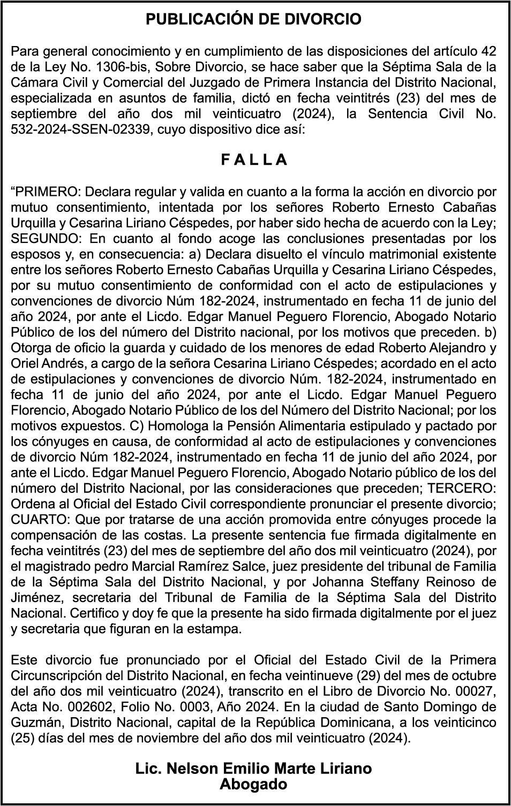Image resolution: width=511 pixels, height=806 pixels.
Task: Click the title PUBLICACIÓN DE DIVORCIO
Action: pyautogui.click(x=254, y=20)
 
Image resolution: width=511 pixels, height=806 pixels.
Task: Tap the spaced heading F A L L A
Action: pyautogui.click(x=254, y=160)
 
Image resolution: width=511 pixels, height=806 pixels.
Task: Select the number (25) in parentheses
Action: pyautogui.click(x=24, y=739)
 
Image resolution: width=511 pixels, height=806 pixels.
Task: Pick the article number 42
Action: pyautogui.click(x=487, y=52)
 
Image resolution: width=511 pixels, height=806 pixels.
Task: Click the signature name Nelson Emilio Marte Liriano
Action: pyautogui.click(x=254, y=769)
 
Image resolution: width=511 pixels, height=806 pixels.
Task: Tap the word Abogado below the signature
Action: pyautogui.click(x=254, y=785)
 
